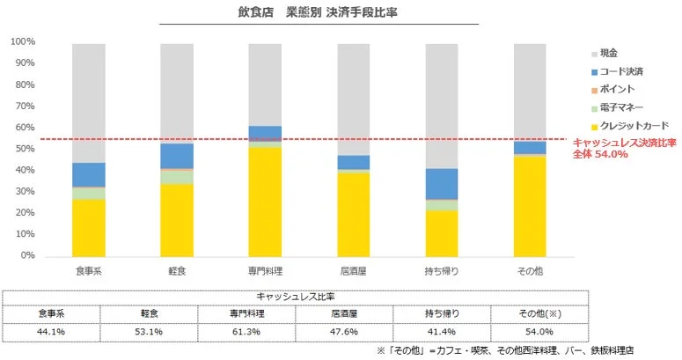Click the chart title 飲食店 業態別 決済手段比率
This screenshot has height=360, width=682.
[318, 13]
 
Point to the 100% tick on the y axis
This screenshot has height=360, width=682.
[23, 41]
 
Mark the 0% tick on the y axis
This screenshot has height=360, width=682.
[28, 255]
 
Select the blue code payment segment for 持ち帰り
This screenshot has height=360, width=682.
[441, 183]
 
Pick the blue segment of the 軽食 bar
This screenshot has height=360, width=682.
[177, 155]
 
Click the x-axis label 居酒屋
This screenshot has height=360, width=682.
[353, 270]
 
